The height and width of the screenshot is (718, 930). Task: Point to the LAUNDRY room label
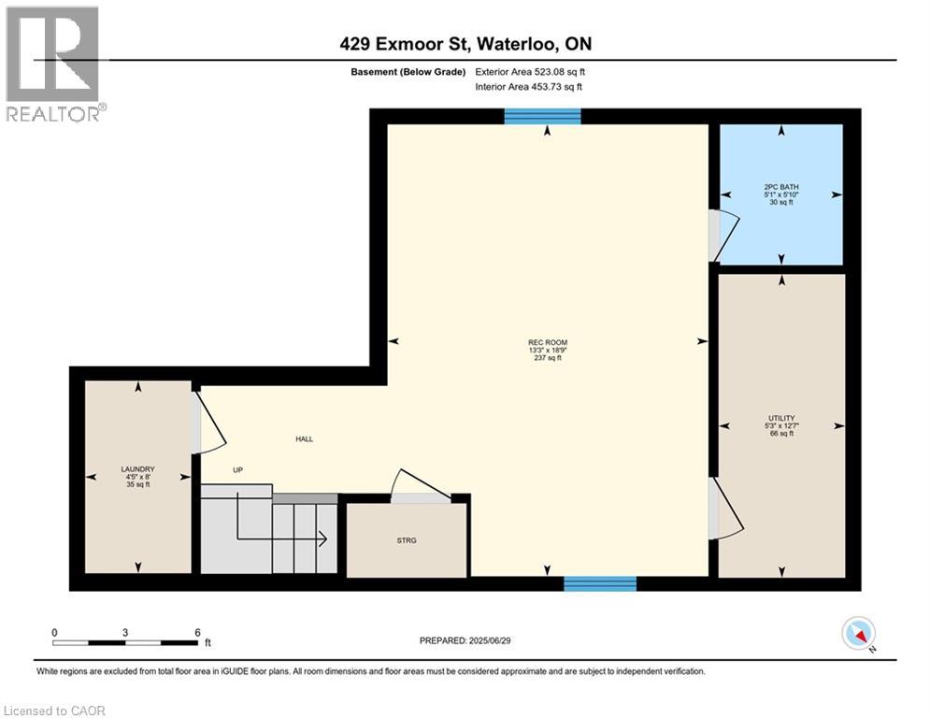click(137, 469)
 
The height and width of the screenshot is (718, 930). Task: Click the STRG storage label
click(406, 538)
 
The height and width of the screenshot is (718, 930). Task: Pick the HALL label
click(304, 438)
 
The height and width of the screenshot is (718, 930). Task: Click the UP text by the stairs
click(238, 470)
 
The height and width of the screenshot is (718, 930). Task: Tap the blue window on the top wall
click(542, 117)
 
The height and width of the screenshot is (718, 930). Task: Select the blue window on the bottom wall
click(600, 584)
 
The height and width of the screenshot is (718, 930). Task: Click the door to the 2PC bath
click(723, 235)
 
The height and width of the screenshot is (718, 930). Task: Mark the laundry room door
click(207, 424)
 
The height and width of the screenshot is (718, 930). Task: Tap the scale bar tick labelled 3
click(124, 633)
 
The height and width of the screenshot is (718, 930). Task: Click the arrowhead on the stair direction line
click(321, 538)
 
